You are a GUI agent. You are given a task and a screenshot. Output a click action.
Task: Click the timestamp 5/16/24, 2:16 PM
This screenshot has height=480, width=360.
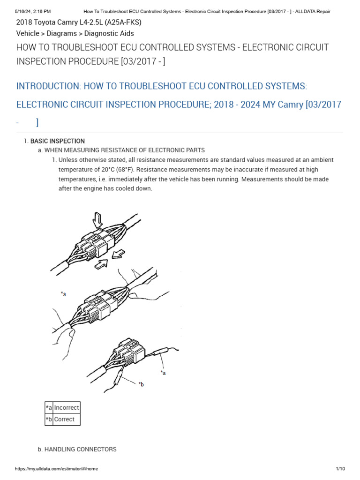(x=33, y=11)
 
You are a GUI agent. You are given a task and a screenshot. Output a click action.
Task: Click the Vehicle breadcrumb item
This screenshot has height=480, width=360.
(x=28, y=33)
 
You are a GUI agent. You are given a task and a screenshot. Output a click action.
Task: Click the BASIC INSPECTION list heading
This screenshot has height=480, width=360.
(x=57, y=141)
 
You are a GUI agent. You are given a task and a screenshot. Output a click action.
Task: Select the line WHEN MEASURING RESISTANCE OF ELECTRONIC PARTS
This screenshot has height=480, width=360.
(x=124, y=150)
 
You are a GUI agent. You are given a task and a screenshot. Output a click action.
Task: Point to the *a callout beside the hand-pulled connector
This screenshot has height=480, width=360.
(x=63, y=294)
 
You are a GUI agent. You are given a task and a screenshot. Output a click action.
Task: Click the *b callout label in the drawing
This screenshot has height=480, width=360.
(x=141, y=384)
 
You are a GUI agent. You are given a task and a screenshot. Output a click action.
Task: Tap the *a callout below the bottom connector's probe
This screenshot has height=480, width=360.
(x=163, y=373)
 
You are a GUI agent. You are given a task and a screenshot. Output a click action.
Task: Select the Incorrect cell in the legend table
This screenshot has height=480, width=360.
(x=67, y=407)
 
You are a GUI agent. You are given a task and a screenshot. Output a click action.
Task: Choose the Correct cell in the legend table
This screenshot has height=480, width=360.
(x=64, y=419)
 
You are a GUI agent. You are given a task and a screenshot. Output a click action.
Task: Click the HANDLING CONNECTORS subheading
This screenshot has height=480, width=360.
(x=80, y=449)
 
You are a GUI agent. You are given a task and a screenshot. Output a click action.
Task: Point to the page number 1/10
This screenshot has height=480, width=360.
(x=340, y=469)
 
